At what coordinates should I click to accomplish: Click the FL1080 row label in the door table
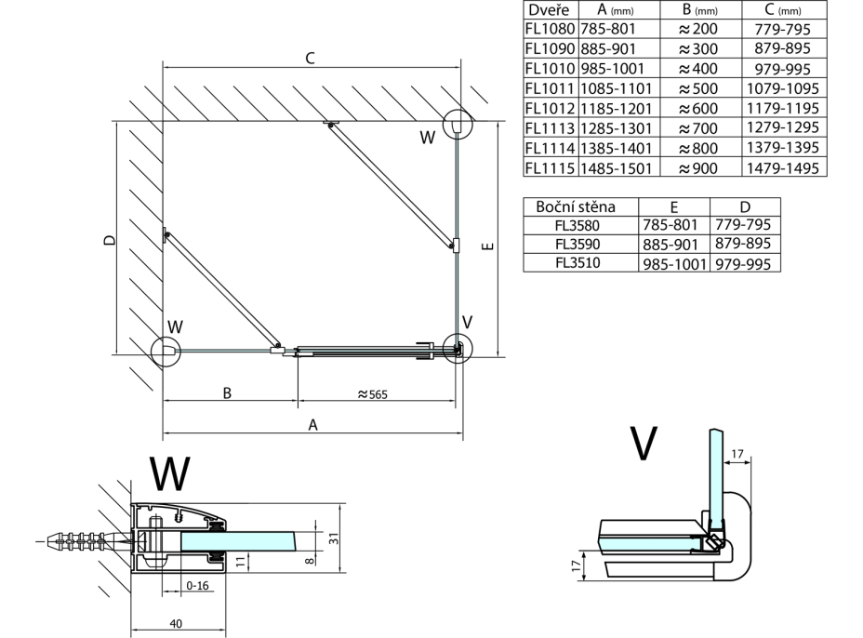(x=551, y=29)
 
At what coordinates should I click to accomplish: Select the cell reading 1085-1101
(x=617, y=88)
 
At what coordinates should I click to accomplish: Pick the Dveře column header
(x=550, y=9)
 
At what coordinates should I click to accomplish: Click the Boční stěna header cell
(x=582, y=206)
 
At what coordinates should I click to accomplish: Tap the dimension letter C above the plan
(x=310, y=59)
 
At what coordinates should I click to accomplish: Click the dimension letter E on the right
(x=487, y=246)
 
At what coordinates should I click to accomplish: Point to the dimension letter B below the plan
(x=227, y=393)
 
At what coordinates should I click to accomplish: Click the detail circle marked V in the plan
(x=458, y=348)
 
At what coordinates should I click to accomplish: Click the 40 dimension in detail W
(x=175, y=624)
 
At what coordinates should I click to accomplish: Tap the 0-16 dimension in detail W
(x=196, y=586)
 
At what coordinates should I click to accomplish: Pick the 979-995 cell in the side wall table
(x=745, y=263)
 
